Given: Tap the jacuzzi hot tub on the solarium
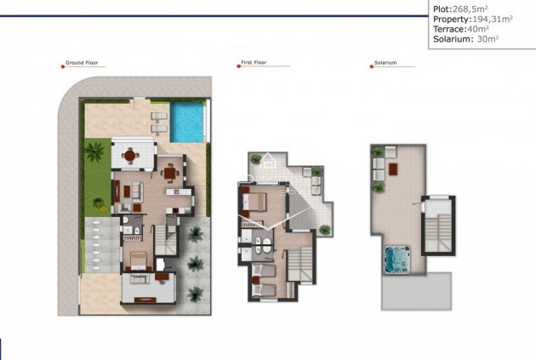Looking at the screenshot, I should (396, 257).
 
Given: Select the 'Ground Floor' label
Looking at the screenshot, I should (84, 63).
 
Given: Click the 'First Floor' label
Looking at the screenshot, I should (255, 63).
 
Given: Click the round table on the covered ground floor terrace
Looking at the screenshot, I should (130, 155).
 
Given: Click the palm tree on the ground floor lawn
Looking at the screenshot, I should (94, 155).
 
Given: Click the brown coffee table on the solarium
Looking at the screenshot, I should (394, 167).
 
